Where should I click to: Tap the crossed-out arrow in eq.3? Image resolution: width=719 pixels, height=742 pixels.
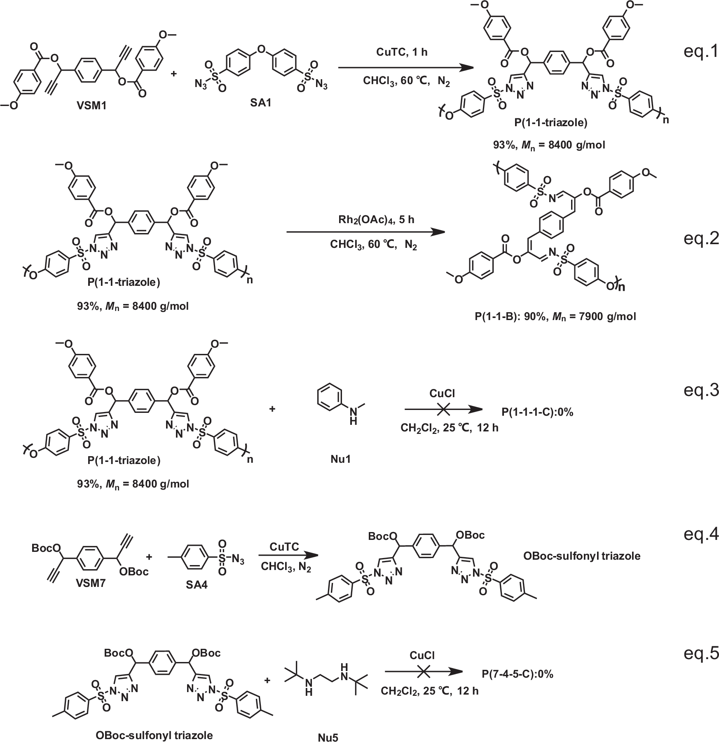[x=443, y=410]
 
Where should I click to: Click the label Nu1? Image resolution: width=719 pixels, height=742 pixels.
[x=341, y=459]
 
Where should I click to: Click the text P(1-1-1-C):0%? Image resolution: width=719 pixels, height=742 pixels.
[x=537, y=412]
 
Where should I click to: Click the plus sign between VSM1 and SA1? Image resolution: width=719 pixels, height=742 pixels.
[x=173, y=73]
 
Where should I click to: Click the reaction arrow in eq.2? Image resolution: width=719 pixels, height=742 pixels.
[x=365, y=233]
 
